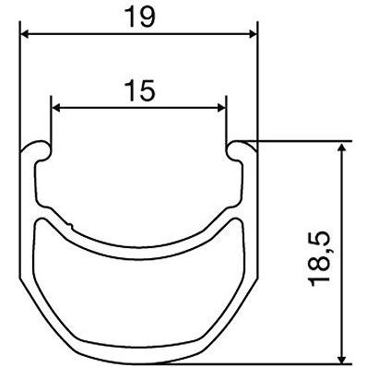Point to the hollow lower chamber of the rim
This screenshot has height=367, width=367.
(138, 295)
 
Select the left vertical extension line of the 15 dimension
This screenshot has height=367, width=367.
(52, 124)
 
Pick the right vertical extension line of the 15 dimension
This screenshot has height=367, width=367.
(226, 124)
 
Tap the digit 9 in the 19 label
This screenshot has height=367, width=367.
(146, 15)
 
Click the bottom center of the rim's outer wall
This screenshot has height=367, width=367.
(138, 359)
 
